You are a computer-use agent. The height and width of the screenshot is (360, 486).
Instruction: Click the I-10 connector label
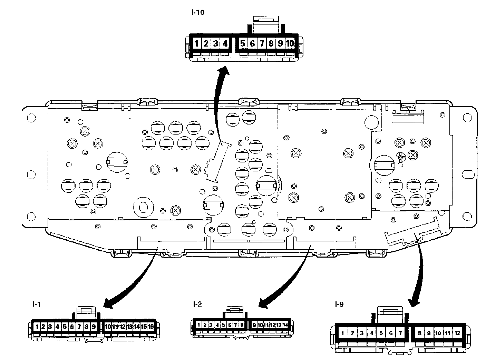click(x=198, y=13)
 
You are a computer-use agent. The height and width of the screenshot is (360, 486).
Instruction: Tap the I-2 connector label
click(x=198, y=304)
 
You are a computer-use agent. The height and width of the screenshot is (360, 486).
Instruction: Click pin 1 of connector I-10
click(x=196, y=43)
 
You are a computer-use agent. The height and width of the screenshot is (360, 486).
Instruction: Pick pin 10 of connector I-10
click(x=290, y=43)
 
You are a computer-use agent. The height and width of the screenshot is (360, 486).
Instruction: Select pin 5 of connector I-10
click(x=243, y=43)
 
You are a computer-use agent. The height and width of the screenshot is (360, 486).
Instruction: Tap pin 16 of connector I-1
click(x=150, y=327)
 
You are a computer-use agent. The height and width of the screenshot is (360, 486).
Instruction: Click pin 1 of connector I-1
click(x=37, y=327)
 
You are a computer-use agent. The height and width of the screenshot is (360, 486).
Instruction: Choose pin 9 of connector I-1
click(x=93, y=327)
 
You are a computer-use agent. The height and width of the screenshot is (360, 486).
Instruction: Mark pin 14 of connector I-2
click(x=285, y=324)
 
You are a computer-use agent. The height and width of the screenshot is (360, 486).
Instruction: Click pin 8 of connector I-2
click(x=242, y=324)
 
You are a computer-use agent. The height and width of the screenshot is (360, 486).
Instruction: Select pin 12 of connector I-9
click(x=457, y=333)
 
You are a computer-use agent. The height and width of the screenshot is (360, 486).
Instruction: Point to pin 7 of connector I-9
click(x=400, y=333)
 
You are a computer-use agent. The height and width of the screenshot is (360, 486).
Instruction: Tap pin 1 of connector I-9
click(x=342, y=333)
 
